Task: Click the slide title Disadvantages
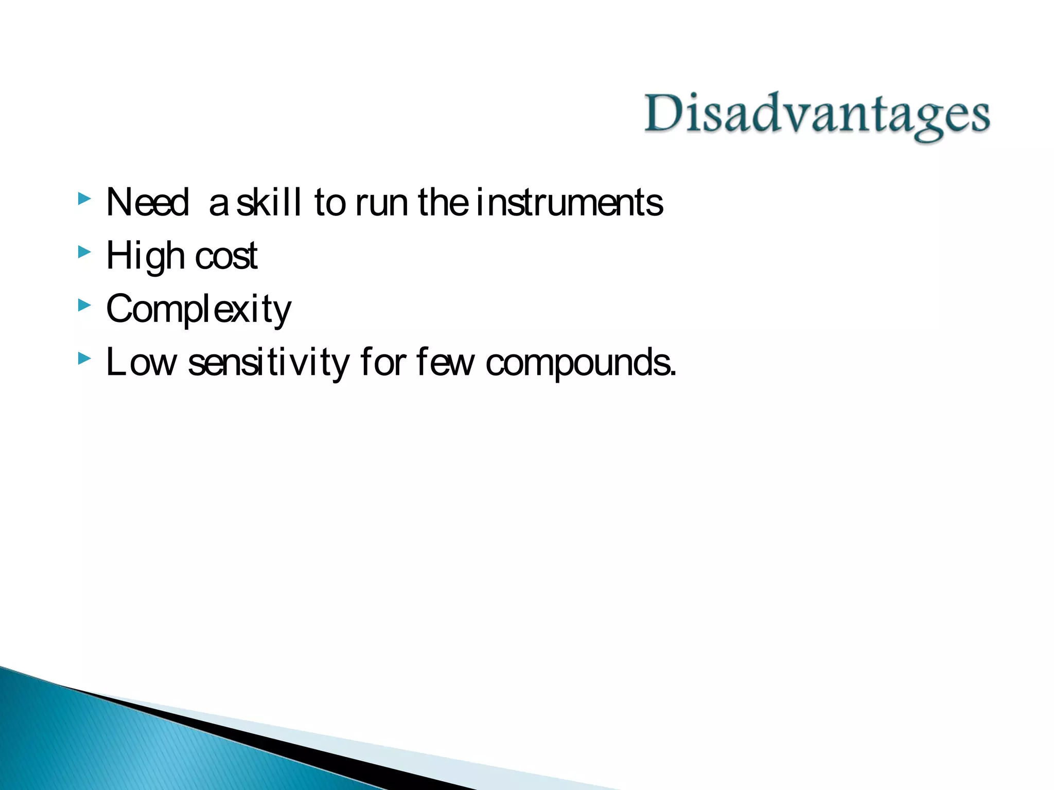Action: (x=817, y=114)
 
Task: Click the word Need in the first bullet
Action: (x=148, y=202)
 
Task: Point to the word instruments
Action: (x=569, y=203)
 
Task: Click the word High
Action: (x=145, y=256)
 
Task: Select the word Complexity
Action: (x=199, y=310)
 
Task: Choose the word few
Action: (x=445, y=363)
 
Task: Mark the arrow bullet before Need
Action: (x=84, y=199)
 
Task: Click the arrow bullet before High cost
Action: (x=84, y=252)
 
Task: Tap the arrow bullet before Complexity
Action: (x=84, y=306)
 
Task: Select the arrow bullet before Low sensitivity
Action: (x=84, y=358)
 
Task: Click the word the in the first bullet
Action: (x=443, y=202)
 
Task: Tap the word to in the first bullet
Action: (x=330, y=203)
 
